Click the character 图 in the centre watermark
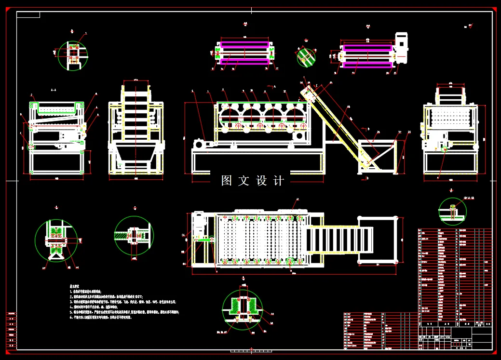(x=227, y=181)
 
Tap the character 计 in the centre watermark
(x=279, y=181)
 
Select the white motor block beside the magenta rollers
(x=401, y=48)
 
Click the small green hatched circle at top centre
(x=306, y=57)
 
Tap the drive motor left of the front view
(x=199, y=144)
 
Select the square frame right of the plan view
(x=379, y=240)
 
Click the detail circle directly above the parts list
(x=452, y=211)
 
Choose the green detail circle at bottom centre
(x=242, y=308)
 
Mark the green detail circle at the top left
(x=72, y=55)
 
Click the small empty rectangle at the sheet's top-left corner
(x=28, y=14)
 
